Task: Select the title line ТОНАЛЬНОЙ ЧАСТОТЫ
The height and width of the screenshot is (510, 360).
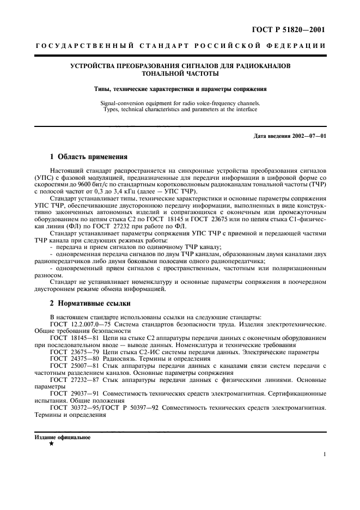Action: [180, 73]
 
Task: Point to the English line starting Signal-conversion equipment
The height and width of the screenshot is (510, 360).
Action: [180, 102]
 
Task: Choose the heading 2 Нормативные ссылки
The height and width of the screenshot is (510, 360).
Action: [90, 302]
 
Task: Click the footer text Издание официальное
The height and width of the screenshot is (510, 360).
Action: [63, 437]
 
